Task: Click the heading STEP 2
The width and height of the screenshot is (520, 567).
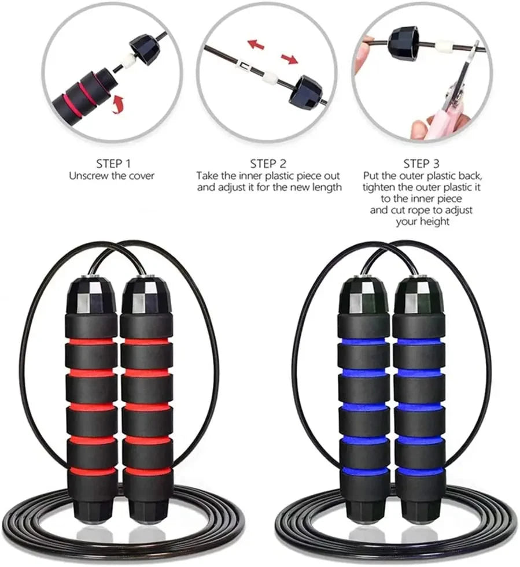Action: [268, 164]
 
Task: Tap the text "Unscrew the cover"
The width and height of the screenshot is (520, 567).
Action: [112, 176]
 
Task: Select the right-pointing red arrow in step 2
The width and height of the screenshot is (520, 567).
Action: [289, 58]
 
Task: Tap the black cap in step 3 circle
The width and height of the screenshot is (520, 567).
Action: [404, 45]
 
